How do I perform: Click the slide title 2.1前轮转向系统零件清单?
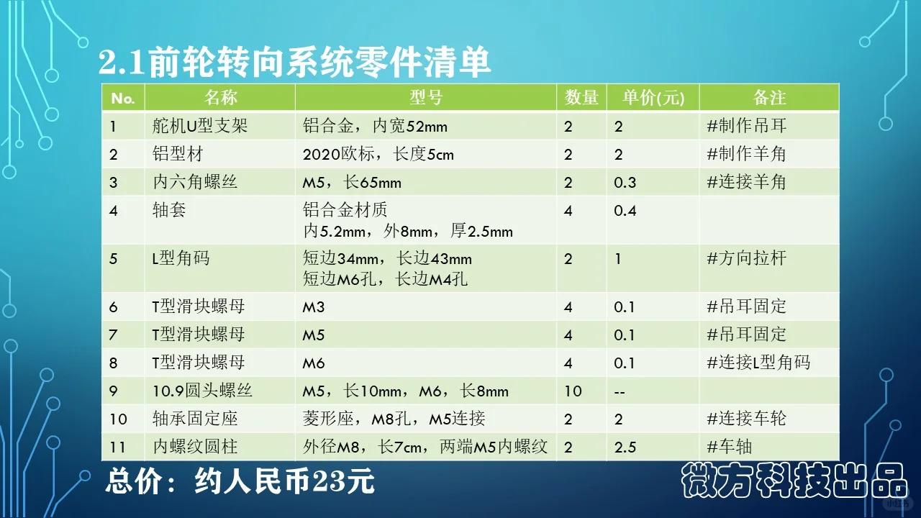[295, 63]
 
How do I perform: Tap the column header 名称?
[220, 98]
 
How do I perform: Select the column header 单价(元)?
[653, 98]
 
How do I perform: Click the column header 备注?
[769, 98]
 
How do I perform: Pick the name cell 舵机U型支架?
[200, 127]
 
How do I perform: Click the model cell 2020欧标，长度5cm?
[378, 155]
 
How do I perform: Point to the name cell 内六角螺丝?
[195, 183]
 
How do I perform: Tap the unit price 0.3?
[625, 183]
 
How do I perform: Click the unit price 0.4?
[625, 211]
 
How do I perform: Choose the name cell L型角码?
[181, 258]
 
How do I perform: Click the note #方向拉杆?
[747, 258]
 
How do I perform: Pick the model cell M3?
[314, 307]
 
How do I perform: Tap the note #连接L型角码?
[758, 363]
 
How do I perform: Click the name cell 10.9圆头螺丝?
[202, 391]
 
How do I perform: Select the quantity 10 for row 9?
[573, 391]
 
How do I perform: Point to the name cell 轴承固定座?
[195, 419]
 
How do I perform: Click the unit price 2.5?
[625, 447]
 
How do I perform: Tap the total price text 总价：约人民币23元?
[240, 481]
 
